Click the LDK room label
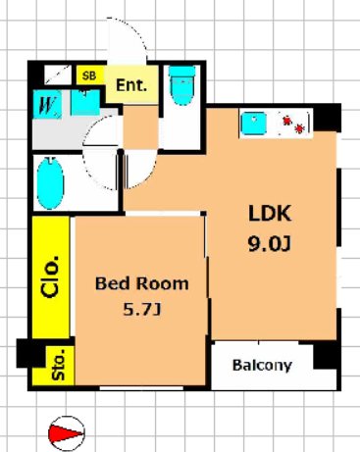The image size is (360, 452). (270, 214)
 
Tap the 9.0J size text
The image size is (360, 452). (270, 244)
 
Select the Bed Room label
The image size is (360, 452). (142, 283)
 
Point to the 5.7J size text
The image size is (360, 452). (142, 309)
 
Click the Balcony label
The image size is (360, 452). (262, 365)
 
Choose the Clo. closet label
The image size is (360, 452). (51, 276)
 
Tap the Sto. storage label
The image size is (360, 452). (59, 365)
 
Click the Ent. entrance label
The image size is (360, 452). (131, 85)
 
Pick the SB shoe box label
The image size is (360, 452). (89, 75)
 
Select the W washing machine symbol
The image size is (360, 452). (47, 104)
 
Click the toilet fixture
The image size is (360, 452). (182, 85)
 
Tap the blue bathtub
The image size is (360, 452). (50, 183)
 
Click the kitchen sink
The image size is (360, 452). (253, 124)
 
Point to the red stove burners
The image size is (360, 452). (293, 125)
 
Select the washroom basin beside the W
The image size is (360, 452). (85, 102)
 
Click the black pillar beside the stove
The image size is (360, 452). (327, 118)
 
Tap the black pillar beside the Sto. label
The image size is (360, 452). (30, 353)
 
